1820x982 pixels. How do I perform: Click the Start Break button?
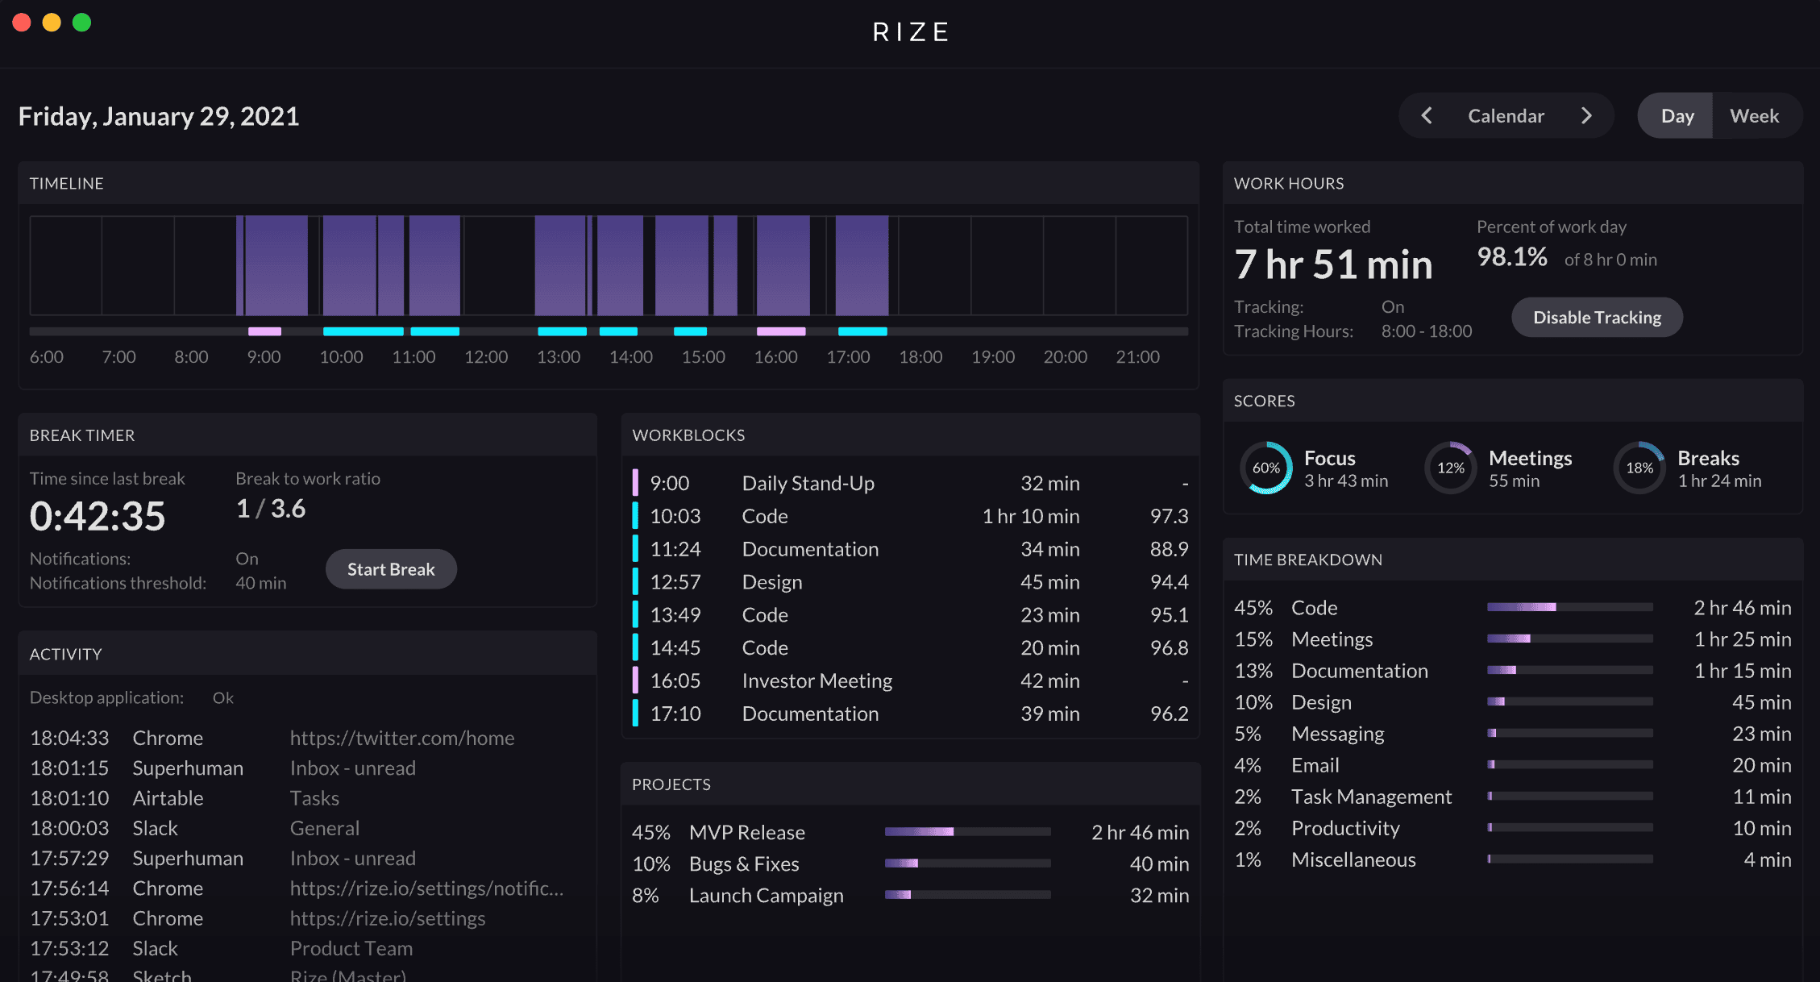click(x=391, y=569)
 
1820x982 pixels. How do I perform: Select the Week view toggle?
click(x=1754, y=116)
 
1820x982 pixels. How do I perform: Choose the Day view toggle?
click(x=1677, y=116)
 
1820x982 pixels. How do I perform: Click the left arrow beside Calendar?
click(x=1427, y=116)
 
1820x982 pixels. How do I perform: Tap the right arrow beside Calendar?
click(x=1586, y=116)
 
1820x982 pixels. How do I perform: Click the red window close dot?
click(x=22, y=23)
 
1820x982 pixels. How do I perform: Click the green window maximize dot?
click(x=81, y=23)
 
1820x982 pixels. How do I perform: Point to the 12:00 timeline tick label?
click(x=486, y=357)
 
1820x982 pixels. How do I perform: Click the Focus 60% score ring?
click(x=1265, y=468)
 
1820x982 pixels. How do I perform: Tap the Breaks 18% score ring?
click(x=1639, y=468)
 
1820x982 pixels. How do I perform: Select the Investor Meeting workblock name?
click(x=817, y=681)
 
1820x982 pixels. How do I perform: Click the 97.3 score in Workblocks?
click(x=1169, y=516)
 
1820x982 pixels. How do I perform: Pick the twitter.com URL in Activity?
click(x=401, y=738)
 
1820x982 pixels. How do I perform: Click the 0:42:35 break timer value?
click(x=98, y=516)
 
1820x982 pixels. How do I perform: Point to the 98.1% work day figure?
click(x=1511, y=257)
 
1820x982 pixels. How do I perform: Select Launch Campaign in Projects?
click(x=766, y=896)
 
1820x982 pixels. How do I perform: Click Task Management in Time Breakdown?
click(x=1371, y=797)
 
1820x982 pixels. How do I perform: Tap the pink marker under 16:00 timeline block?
click(x=781, y=331)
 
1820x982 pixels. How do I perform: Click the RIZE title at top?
click(x=911, y=32)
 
